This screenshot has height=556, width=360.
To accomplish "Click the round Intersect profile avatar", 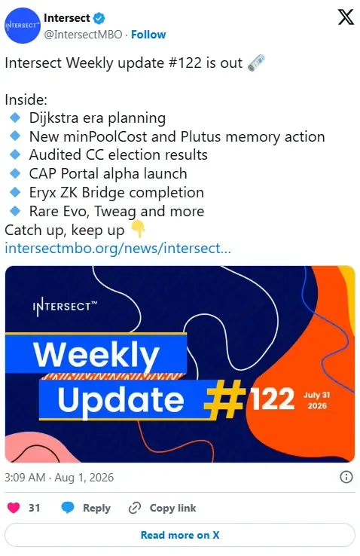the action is point(23,26).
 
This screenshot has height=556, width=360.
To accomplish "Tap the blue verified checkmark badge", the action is point(99,18).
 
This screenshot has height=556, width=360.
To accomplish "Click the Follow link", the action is point(148,35).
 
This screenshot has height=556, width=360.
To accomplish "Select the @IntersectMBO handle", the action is point(83,35).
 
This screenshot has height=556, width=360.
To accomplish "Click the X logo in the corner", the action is point(346,17).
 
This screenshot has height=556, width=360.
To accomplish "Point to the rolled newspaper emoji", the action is point(256,63).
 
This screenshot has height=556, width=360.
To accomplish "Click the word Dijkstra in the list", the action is point(54,118).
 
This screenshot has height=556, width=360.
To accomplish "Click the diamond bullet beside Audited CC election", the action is point(15,154).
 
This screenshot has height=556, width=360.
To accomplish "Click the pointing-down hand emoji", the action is point(138,229).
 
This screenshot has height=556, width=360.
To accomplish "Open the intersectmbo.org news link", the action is point(117,248).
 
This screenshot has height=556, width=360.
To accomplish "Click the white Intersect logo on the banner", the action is point(65,307).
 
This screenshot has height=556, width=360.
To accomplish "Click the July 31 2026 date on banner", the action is point(316,400).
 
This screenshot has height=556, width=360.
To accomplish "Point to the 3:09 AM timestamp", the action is point(25,478).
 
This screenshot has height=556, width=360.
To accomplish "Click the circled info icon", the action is point(346,477).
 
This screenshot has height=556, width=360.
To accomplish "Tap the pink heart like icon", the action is point(14,508).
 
